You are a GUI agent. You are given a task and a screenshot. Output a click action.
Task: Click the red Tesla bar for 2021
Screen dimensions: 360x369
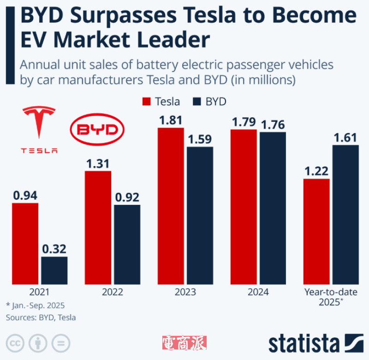[25, 243]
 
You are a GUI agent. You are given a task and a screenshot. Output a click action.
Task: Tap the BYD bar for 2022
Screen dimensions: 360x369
[127, 244]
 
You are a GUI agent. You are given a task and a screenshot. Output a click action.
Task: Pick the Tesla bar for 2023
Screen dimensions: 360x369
[171, 206]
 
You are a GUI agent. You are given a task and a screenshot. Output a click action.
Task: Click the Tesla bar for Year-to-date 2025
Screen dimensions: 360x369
[316, 231]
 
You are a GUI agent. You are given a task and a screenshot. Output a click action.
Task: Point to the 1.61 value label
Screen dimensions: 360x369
[345, 137]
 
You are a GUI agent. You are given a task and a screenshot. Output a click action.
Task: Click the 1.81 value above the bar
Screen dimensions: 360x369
[171, 120]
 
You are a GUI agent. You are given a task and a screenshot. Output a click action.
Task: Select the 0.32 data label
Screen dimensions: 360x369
[54, 249]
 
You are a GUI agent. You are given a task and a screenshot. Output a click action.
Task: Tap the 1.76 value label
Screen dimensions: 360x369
[273, 125]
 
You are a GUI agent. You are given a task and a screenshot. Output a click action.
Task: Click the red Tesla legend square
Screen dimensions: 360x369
[147, 102]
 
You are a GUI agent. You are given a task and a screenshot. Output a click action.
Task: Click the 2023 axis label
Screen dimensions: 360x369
[185, 292]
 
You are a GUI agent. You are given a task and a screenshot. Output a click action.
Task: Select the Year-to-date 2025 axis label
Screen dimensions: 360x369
[331, 297]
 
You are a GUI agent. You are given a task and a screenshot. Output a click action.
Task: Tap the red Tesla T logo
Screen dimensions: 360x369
[39, 122]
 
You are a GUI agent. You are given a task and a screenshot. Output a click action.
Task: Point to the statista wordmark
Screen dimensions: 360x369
[304, 344]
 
